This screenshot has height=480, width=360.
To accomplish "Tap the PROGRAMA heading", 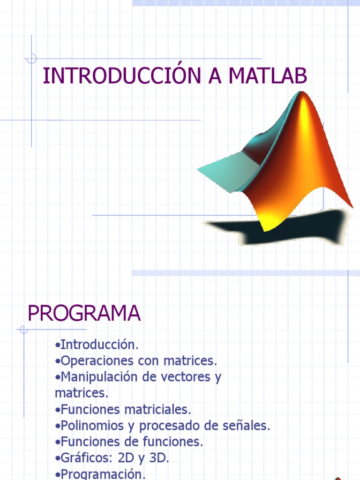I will tap(84, 313).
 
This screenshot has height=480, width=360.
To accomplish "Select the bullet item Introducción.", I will tap(97, 345).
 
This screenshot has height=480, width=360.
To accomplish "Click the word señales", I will tap(248, 426).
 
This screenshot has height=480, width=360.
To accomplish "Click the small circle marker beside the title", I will tap(31, 59).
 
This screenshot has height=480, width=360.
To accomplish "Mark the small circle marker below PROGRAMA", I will tap(24, 330).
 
